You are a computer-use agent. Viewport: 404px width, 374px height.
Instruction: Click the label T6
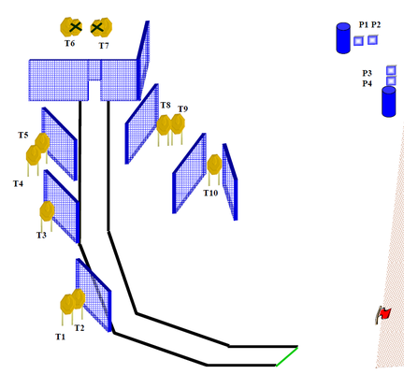[x=70, y=43]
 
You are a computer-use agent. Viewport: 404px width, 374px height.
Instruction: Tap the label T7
[x=104, y=46]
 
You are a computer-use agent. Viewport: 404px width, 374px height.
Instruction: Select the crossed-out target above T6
[x=71, y=27]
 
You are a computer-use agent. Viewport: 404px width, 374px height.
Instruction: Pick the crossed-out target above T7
[x=101, y=27]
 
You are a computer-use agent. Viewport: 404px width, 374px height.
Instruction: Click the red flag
[x=383, y=314]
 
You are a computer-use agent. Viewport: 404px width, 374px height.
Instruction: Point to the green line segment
[x=287, y=356]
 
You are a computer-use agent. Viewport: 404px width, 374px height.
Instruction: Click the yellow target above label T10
[x=214, y=165]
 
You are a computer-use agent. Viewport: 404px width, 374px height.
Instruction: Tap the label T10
[x=210, y=194]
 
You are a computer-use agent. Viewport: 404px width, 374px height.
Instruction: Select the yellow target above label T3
[x=47, y=211]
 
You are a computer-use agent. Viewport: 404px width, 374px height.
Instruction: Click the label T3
[x=41, y=235]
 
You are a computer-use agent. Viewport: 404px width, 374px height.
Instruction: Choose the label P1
[x=364, y=24]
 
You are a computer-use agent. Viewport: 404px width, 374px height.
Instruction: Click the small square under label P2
[x=372, y=40]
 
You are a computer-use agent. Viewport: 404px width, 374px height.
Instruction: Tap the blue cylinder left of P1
[x=343, y=37]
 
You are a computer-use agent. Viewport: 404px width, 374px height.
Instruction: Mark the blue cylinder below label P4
[x=389, y=102]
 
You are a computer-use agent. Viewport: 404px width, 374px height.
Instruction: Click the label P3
[x=367, y=73]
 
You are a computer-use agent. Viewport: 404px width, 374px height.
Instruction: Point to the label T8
[x=166, y=106]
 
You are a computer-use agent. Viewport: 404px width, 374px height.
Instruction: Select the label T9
[x=183, y=109]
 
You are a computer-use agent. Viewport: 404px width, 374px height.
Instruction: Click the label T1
[x=61, y=337]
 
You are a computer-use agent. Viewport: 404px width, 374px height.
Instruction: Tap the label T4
[x=18, y=184]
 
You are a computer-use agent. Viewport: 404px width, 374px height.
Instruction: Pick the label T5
[x=23, y=136]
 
